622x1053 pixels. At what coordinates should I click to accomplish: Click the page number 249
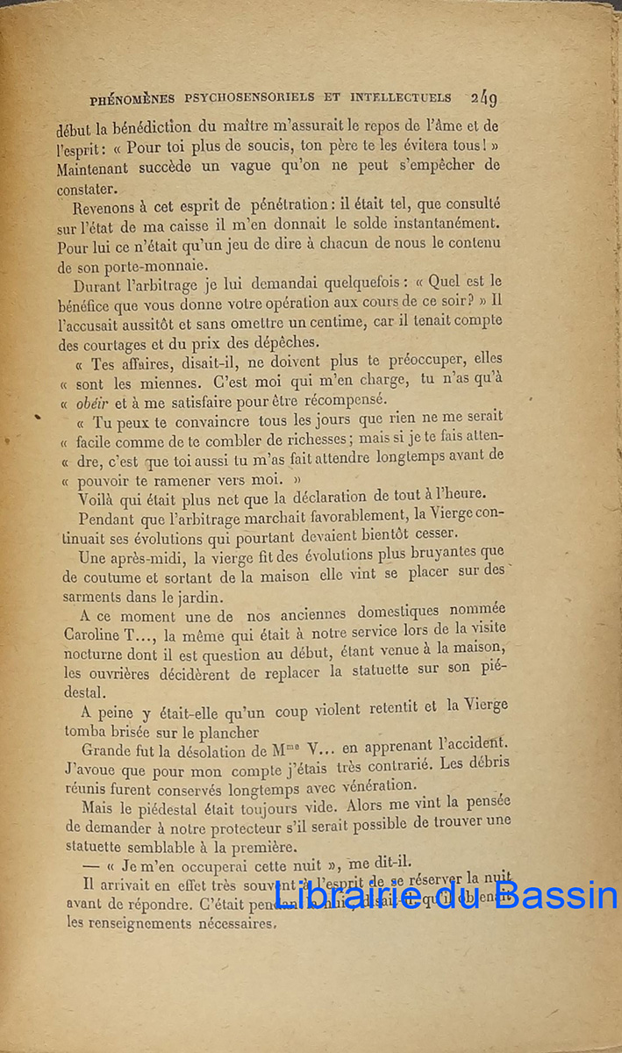pyautogui.click(x=483, y=99)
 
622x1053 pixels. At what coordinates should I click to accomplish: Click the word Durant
pyautogui.click(x=100, y=285)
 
